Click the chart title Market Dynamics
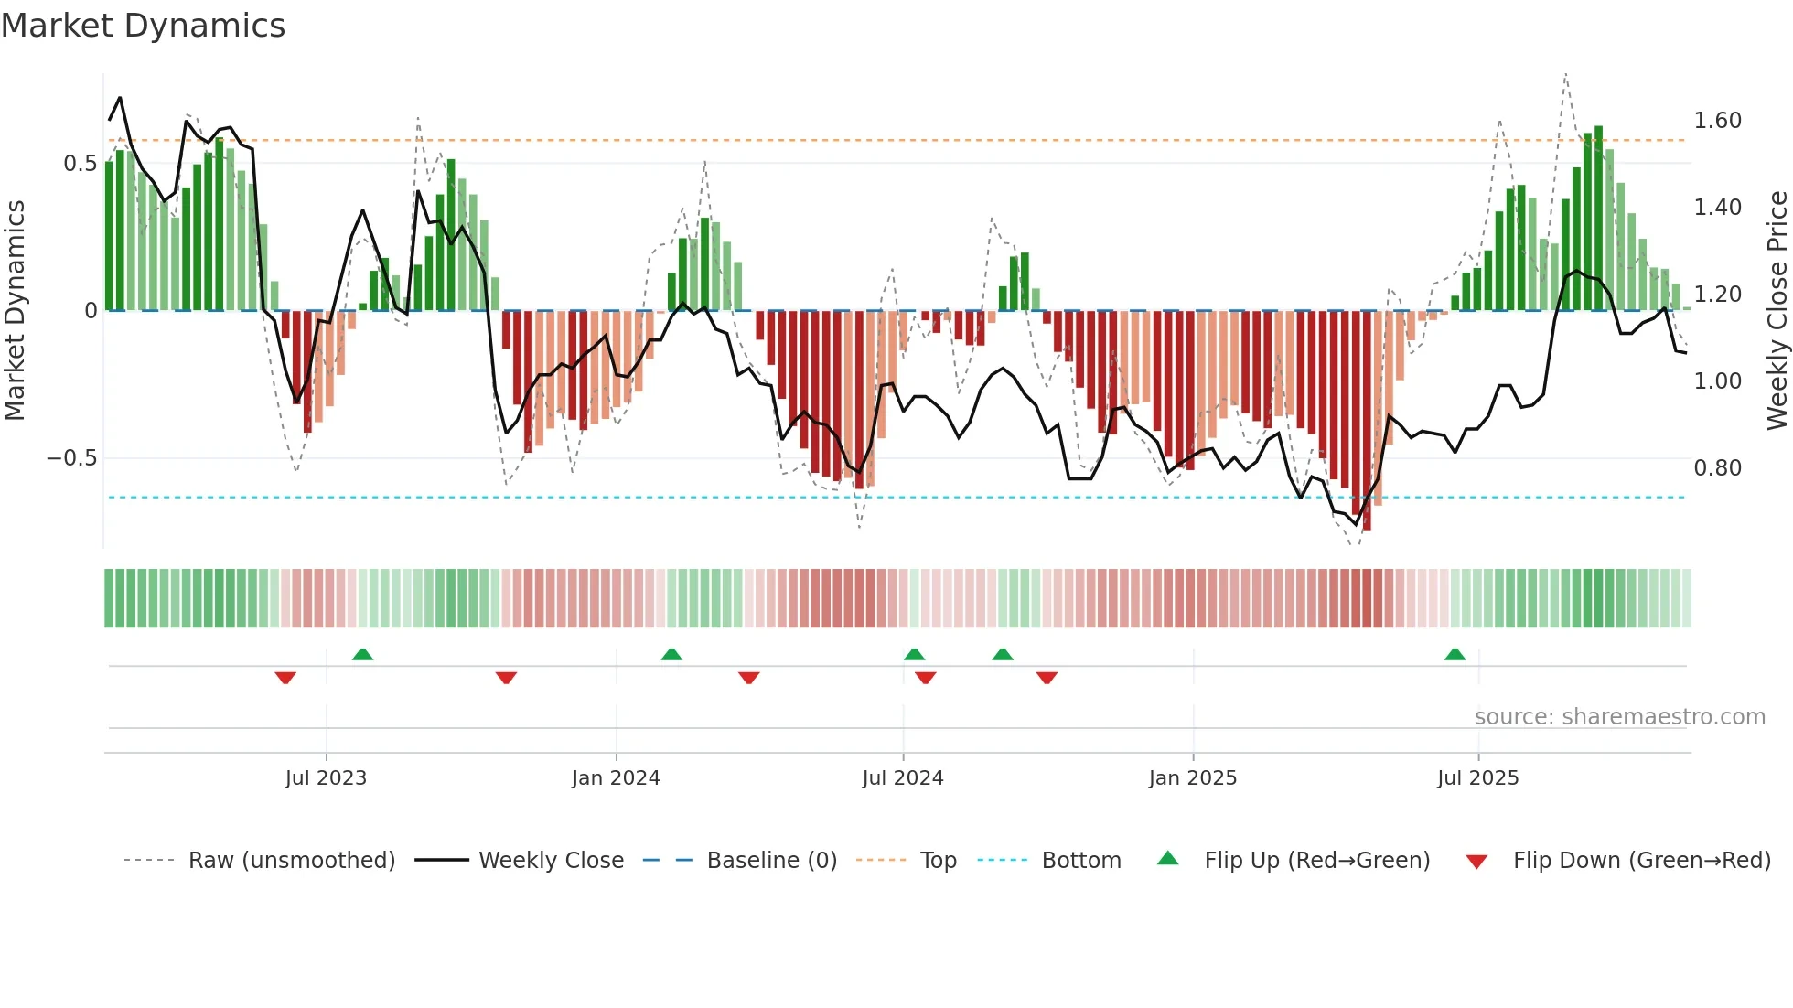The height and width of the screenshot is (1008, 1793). (x=144, y=26)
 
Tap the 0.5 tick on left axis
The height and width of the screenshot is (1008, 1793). (x=80, y=164)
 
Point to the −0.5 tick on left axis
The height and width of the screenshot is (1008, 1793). (x=72, y=458)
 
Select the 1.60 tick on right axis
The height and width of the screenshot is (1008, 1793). (x=1717, y=121)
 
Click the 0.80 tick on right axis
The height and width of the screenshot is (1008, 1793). (x=1717, y=468)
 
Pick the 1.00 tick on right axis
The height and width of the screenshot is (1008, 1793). (x=1717, y=381)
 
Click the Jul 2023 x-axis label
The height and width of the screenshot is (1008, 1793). (x=326, y=778)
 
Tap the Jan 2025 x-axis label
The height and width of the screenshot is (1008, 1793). (x=1192, y=778)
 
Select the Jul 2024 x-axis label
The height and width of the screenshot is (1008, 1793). (x=902, y=778)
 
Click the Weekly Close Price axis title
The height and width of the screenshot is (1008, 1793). (x=1777, y=310)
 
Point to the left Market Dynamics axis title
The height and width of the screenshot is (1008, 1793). (x=16, y=310)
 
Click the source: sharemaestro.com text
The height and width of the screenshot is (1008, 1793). (x=1619, y=717)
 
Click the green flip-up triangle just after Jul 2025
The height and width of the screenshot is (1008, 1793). (x=1455, y=654)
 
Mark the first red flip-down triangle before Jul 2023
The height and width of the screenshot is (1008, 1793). (x=285, y=678)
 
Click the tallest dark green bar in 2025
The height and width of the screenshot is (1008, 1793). (x=1598, y=218)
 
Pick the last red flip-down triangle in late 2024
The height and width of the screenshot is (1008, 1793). (x=1047, y=678)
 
